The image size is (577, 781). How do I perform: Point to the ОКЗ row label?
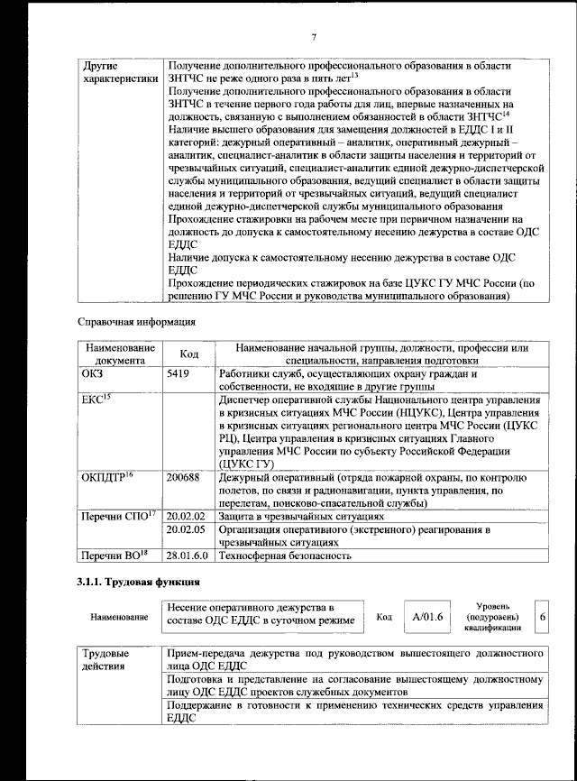pyautogui.click(x=93, y=373)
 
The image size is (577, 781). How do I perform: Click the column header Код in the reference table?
pyautogui.click(x=188, y=354)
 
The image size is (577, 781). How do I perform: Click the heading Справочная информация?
pyautogui.click(x=136, y=321)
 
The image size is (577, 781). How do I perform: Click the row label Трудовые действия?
pyautogui.click(x=105, y=659)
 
